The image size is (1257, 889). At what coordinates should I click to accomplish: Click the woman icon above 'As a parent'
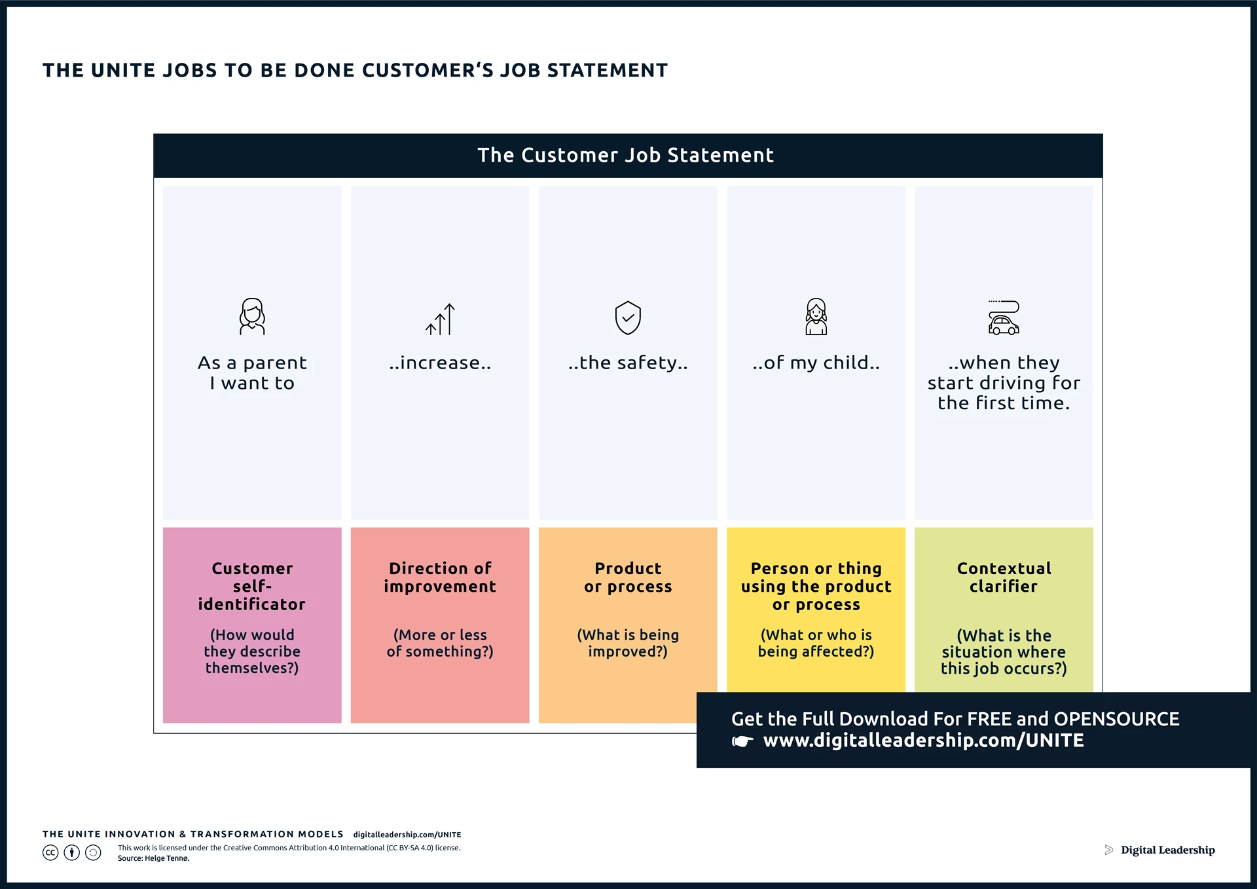[252, 317]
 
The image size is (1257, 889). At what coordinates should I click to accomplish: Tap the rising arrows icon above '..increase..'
[440, 319]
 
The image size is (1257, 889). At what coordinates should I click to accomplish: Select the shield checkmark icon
[628, 318]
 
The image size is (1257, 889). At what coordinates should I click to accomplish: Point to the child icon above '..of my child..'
[816, 317]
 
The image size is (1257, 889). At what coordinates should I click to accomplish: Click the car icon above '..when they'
[1004, 318]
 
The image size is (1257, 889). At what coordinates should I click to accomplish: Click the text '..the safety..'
[628, 363]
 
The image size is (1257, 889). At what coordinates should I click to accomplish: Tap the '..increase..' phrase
[440, 363]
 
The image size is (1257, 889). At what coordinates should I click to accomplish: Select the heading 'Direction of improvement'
[440, 577]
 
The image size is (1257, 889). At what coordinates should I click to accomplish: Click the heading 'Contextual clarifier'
[1004, 577]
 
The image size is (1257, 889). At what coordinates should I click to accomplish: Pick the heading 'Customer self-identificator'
[252, 586]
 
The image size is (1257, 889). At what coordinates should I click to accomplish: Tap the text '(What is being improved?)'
[628, 643]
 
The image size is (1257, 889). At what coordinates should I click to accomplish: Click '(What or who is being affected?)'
[816, 643]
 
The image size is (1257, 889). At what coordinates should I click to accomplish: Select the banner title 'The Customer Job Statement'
[625, 155]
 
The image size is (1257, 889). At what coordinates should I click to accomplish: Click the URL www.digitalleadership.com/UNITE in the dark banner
[923, 740]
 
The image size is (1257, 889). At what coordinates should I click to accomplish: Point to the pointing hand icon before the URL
[742, 742]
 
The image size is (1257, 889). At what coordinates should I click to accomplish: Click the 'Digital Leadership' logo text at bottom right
[1167, 850]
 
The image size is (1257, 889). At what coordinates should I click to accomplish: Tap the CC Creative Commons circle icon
[50, 852]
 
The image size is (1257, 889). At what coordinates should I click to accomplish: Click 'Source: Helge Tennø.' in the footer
[154, 858]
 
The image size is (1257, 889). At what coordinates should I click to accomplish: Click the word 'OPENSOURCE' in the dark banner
[1116, 719]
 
